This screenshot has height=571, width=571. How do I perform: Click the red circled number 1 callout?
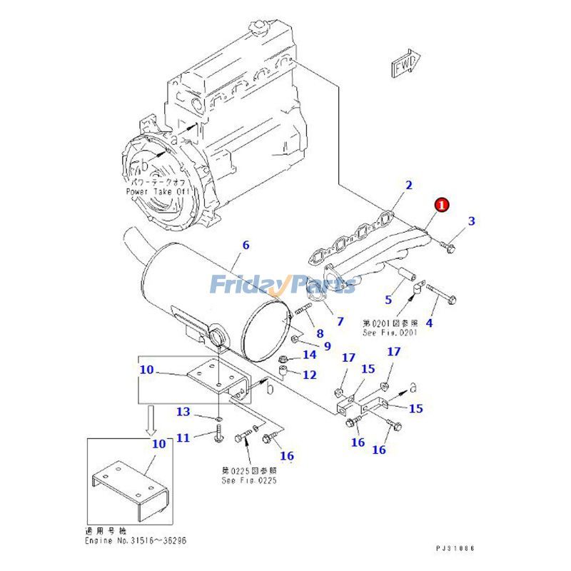[441, 205]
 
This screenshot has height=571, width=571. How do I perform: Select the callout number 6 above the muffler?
[246, 245]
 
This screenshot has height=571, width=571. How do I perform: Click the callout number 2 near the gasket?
[409, 186]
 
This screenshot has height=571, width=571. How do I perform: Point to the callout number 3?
[471, 221]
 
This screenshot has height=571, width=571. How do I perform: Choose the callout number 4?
[429, 323]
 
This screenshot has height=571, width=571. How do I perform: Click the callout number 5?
[388, 299]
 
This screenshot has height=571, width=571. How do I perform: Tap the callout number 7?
[340, 320]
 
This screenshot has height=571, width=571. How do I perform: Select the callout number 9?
[327, 346]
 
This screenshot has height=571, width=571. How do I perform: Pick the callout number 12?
[309, 374]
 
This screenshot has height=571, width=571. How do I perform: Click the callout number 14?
[309, 354]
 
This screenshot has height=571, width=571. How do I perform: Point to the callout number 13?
[183, 412]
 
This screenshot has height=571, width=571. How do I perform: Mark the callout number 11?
[183, 437]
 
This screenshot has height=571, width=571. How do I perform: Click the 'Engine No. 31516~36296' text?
[136, 541]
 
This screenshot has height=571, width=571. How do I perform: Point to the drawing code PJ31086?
[455, 548]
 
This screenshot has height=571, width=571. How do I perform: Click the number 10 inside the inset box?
[158, 443]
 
